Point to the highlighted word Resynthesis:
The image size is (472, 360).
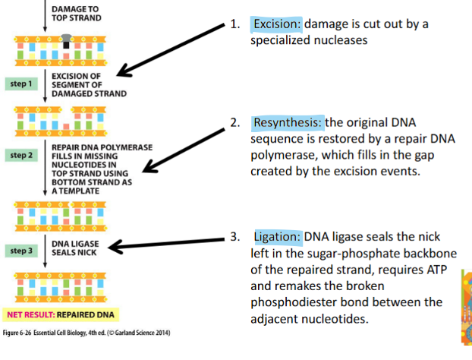pyautogui.click(x=288, y=122)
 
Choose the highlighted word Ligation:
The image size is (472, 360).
pyautogui.click(x=278, y=236)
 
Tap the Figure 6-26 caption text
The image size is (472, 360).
pyautogui.click(x=86, y=333)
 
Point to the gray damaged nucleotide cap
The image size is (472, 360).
pyautogui.click(x=67, y=36)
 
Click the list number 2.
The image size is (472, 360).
pyautogui.click(x=235, y=122)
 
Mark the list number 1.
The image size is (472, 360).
pyautogui.click(x=235, y=24)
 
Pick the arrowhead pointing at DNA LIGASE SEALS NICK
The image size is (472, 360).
pyautogui.click(x=120, y=245)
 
